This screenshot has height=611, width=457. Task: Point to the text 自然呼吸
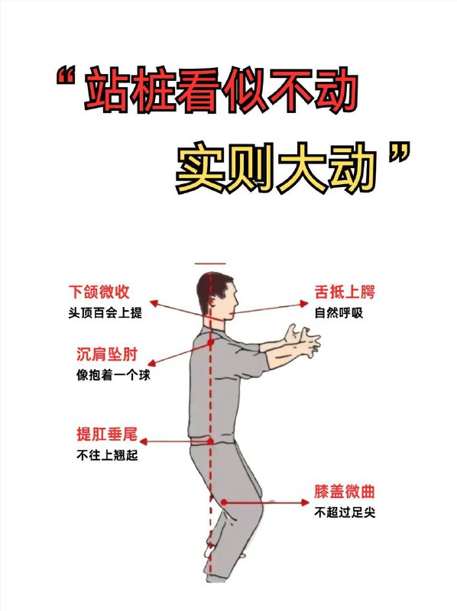tap(336, 312)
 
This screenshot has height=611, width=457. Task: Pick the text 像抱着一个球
tap(106, 375)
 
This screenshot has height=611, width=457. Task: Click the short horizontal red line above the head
tap(210, 263)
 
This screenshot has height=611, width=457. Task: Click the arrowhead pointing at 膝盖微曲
tap(307, 502)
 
